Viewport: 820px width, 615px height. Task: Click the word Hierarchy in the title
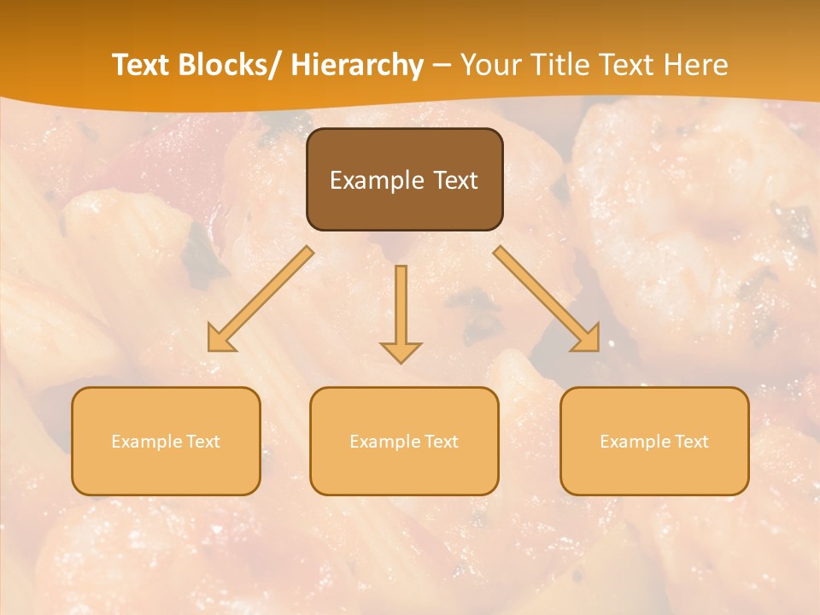357,65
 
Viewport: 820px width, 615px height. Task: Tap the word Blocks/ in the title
232,65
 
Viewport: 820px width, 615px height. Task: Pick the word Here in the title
696,65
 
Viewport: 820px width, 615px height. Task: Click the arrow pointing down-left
261,299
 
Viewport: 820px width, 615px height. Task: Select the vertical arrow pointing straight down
401,307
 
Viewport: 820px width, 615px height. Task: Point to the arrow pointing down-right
547,299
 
